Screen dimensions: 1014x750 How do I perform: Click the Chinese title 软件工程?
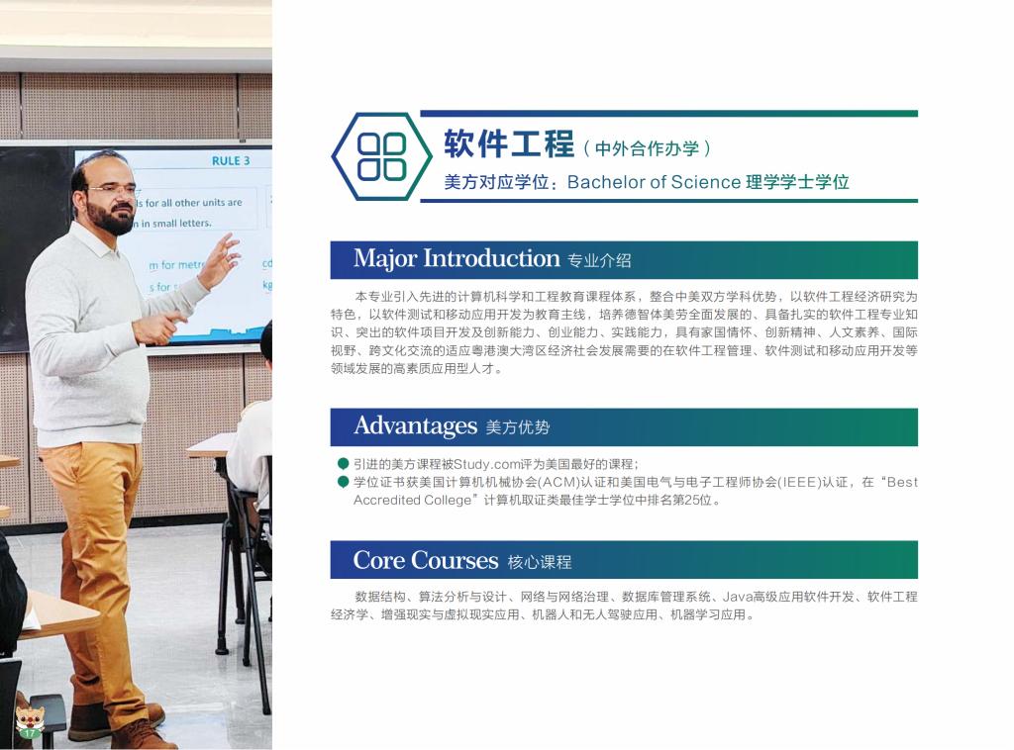tap(509, 143)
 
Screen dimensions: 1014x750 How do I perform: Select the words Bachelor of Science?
tap(654, 182)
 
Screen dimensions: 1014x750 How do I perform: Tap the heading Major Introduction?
tap(456, 258)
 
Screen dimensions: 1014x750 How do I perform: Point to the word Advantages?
tap(416, 426)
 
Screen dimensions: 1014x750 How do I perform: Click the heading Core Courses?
tap(426, 560)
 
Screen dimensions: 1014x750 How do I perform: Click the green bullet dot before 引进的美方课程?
tap(343, 464)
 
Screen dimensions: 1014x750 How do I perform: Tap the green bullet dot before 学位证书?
tap(343, 482)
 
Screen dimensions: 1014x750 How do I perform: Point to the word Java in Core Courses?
tap(737, 597)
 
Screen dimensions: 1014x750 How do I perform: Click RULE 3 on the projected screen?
tap(231, 161)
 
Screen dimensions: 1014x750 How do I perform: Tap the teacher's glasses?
tap(111, 189)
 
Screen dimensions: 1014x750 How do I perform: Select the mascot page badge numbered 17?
tap(30, 723)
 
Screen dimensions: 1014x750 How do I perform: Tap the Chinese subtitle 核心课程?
tap(540, 562)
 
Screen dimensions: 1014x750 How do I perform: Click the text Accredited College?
tap(412, 500)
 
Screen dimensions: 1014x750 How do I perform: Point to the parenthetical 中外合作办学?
tap(647, 149)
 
